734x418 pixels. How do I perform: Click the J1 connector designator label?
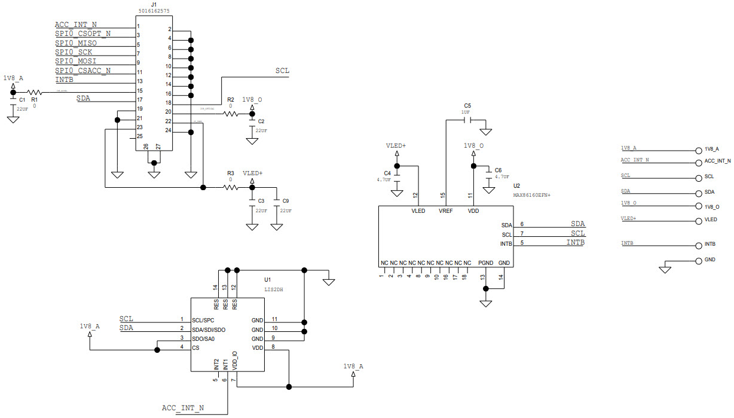coord(154,5)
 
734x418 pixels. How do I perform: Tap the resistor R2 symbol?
coord(230,113)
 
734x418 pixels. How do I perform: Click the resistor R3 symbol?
coord(231,187)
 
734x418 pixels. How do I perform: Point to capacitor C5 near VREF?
coord(467,120)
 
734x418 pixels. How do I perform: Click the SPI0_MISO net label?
coord(76,43)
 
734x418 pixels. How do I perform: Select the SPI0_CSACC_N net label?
coord(82,71)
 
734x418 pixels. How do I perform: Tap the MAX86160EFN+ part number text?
coord(531,194)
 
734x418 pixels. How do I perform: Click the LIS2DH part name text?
coord(274,289)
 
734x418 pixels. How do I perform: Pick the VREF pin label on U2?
coord(446,210)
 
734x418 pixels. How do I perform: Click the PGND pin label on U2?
coord(486,263)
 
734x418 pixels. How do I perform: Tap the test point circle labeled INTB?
coord(698,245)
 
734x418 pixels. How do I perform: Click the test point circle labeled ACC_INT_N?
coord(698,161)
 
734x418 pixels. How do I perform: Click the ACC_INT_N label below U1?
coord(183,408)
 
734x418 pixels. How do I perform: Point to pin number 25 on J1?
coord(139,136)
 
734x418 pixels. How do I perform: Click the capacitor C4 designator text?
coord(387,173)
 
